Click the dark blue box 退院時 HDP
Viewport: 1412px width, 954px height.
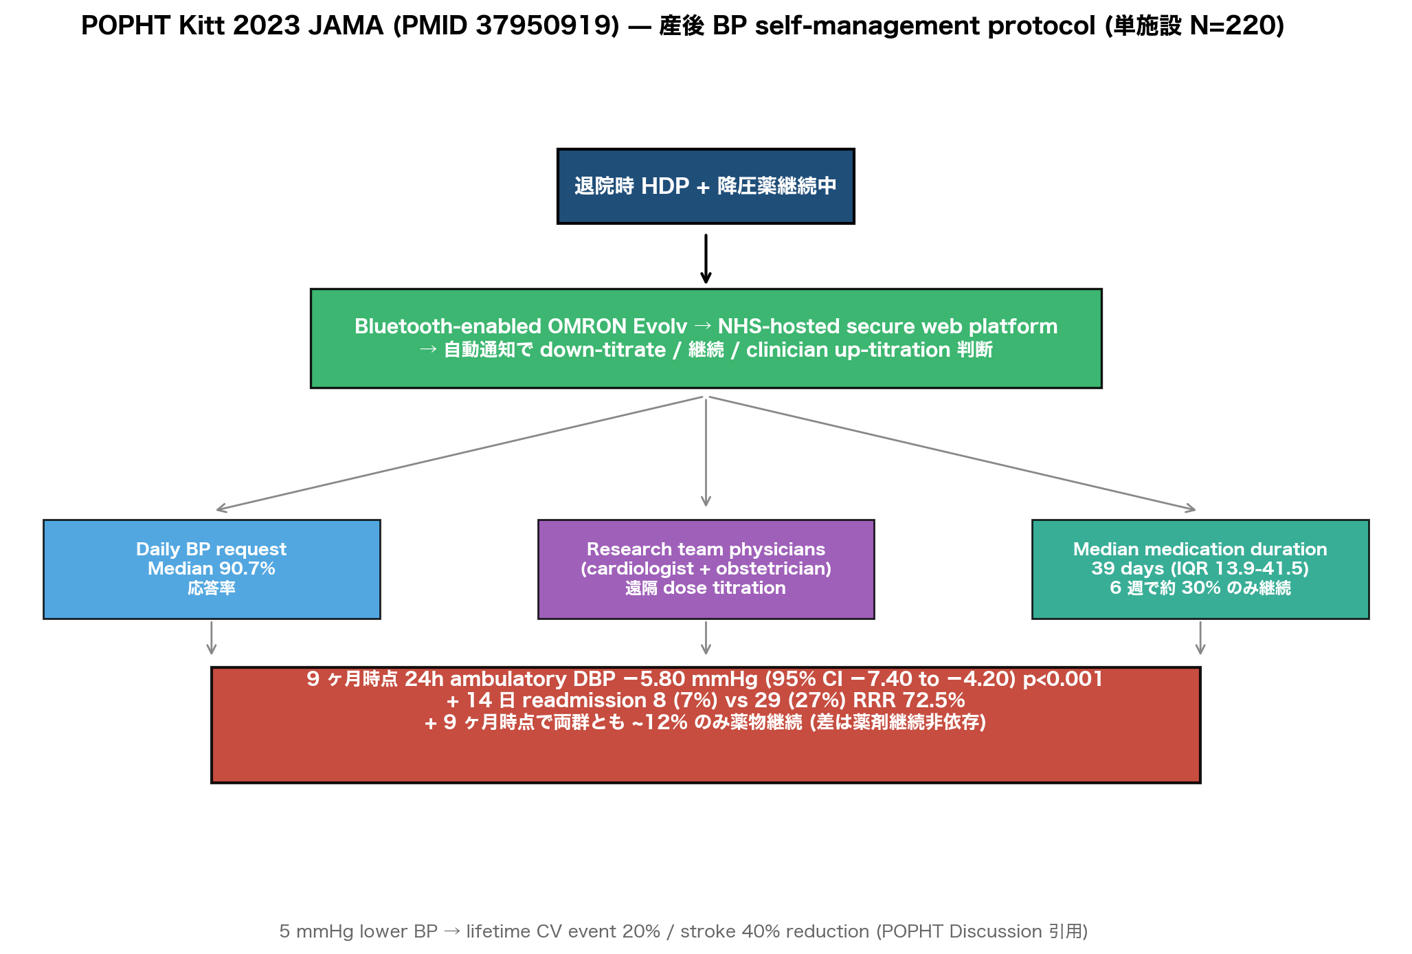pos(706,186)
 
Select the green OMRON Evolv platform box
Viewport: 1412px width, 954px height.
pos(706,338)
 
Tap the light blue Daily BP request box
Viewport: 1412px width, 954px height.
pos(212,569)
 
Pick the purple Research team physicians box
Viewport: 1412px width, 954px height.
pos(706,569)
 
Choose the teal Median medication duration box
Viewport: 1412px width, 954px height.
pos(1200,569)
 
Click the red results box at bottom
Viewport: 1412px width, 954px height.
pos(706,724)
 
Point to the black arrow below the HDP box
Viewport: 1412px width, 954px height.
pos(706,258)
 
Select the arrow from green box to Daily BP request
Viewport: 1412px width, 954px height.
pos(459,454)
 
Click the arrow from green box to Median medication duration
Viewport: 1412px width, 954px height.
pos(952,454)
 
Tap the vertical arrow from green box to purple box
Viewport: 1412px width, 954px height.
pos(706,452)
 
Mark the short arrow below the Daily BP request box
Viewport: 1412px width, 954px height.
pos(212,638)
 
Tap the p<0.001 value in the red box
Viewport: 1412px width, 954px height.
pos(1063,679)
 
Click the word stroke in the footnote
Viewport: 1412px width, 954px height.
pos(708,931)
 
